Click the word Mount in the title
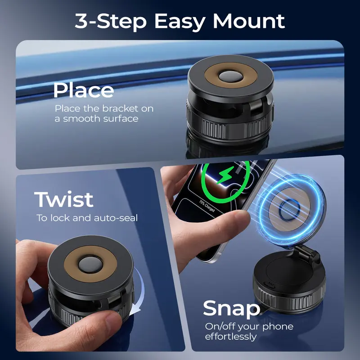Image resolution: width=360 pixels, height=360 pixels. pos(249,21)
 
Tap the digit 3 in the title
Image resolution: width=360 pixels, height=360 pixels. pos(81,21)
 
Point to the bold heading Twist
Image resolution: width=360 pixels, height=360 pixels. pos(64,199)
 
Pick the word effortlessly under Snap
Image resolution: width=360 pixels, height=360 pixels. pos(231,337)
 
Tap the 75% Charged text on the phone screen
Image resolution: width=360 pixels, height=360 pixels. pos(207,206)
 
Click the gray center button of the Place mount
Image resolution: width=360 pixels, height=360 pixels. pos(230,76)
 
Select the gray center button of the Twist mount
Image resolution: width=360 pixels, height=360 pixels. pos(90,265)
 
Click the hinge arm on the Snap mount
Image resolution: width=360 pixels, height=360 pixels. pos(306,254)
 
